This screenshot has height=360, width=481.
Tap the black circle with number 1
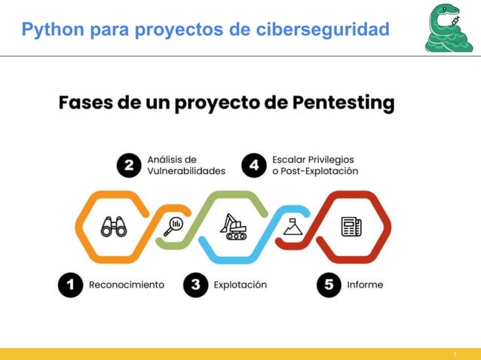point(71,285)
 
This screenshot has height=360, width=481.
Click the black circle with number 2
point(129,166)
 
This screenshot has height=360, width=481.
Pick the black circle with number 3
point(195,285)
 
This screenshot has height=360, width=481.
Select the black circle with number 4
point(254,166)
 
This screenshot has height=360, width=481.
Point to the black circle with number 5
point(328,285)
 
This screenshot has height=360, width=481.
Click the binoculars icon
point(115,226)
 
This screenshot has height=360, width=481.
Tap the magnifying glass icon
point(175,224)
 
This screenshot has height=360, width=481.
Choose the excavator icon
point(233,226)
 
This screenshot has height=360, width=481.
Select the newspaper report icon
point(351,226)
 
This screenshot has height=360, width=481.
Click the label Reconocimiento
point(126,285)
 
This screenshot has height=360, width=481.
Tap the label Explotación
point(240,285)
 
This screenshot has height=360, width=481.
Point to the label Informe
point(365,285)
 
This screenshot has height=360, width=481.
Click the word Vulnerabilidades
point(186,171)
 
